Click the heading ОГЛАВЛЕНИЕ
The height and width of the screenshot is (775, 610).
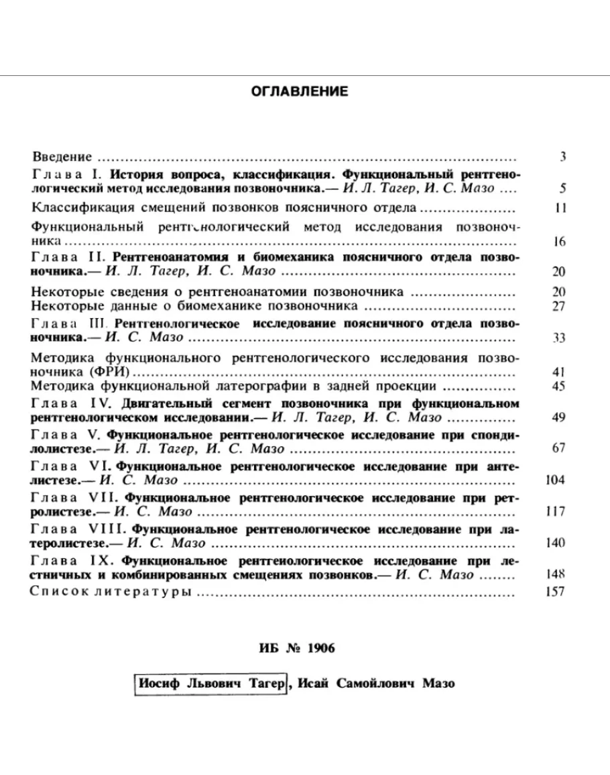pyautogui.click(x=300, y=92)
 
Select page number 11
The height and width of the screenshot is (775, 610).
pyautogui.click(x=561, y=208)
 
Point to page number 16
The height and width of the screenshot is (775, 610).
pyautogui.click(x=560, y=242)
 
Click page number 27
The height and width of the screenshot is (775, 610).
pyautogui.click(x=560, y=307)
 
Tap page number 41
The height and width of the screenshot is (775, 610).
pyautogui.click(x=560, y=372)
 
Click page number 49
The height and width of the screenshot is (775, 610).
pyautogui.click(x=560, y=418)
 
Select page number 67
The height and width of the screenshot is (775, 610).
pyautogui.click(x=560, y=448)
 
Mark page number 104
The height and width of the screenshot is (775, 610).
pyautogui.click(x=556, y=480)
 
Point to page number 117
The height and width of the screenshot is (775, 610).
pyautogui.click(x=556, y=512)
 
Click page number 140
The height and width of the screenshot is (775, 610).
pyautogui.click(x=556, y=543)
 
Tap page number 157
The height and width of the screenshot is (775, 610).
pyautogui.click(x=556, y=592)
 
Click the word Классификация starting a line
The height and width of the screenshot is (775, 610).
pyautogui.click(x=74, y=208)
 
